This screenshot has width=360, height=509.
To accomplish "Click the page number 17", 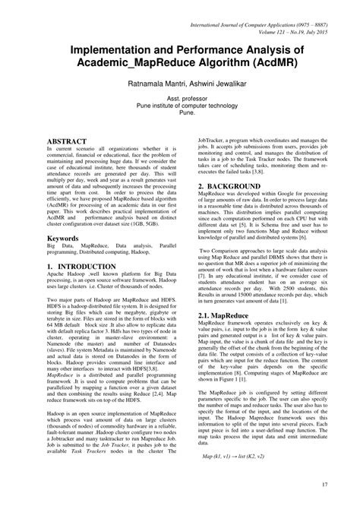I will tap(324, 485).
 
